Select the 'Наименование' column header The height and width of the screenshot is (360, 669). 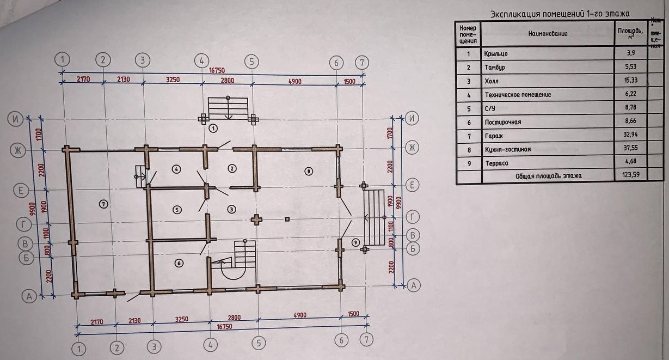pyautogui.click(x=548, y=34)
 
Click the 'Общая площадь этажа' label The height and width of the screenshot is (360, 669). pyautogui.click(x=548, y=175)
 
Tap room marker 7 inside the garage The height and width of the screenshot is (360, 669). pyautogui.click(x=104, y=204)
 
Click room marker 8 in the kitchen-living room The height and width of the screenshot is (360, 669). pyautogui.click(x=308, y=171)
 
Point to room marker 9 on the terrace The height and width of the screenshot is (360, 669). pyautogui.click(x=356, y=242)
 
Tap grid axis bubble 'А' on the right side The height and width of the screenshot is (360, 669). pyautogui.click(x=414, y=284)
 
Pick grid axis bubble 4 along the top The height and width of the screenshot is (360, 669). pyautogui.click(x=201, y=60)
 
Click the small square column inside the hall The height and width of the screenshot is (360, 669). pyautogui.click(x=287, y=219)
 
